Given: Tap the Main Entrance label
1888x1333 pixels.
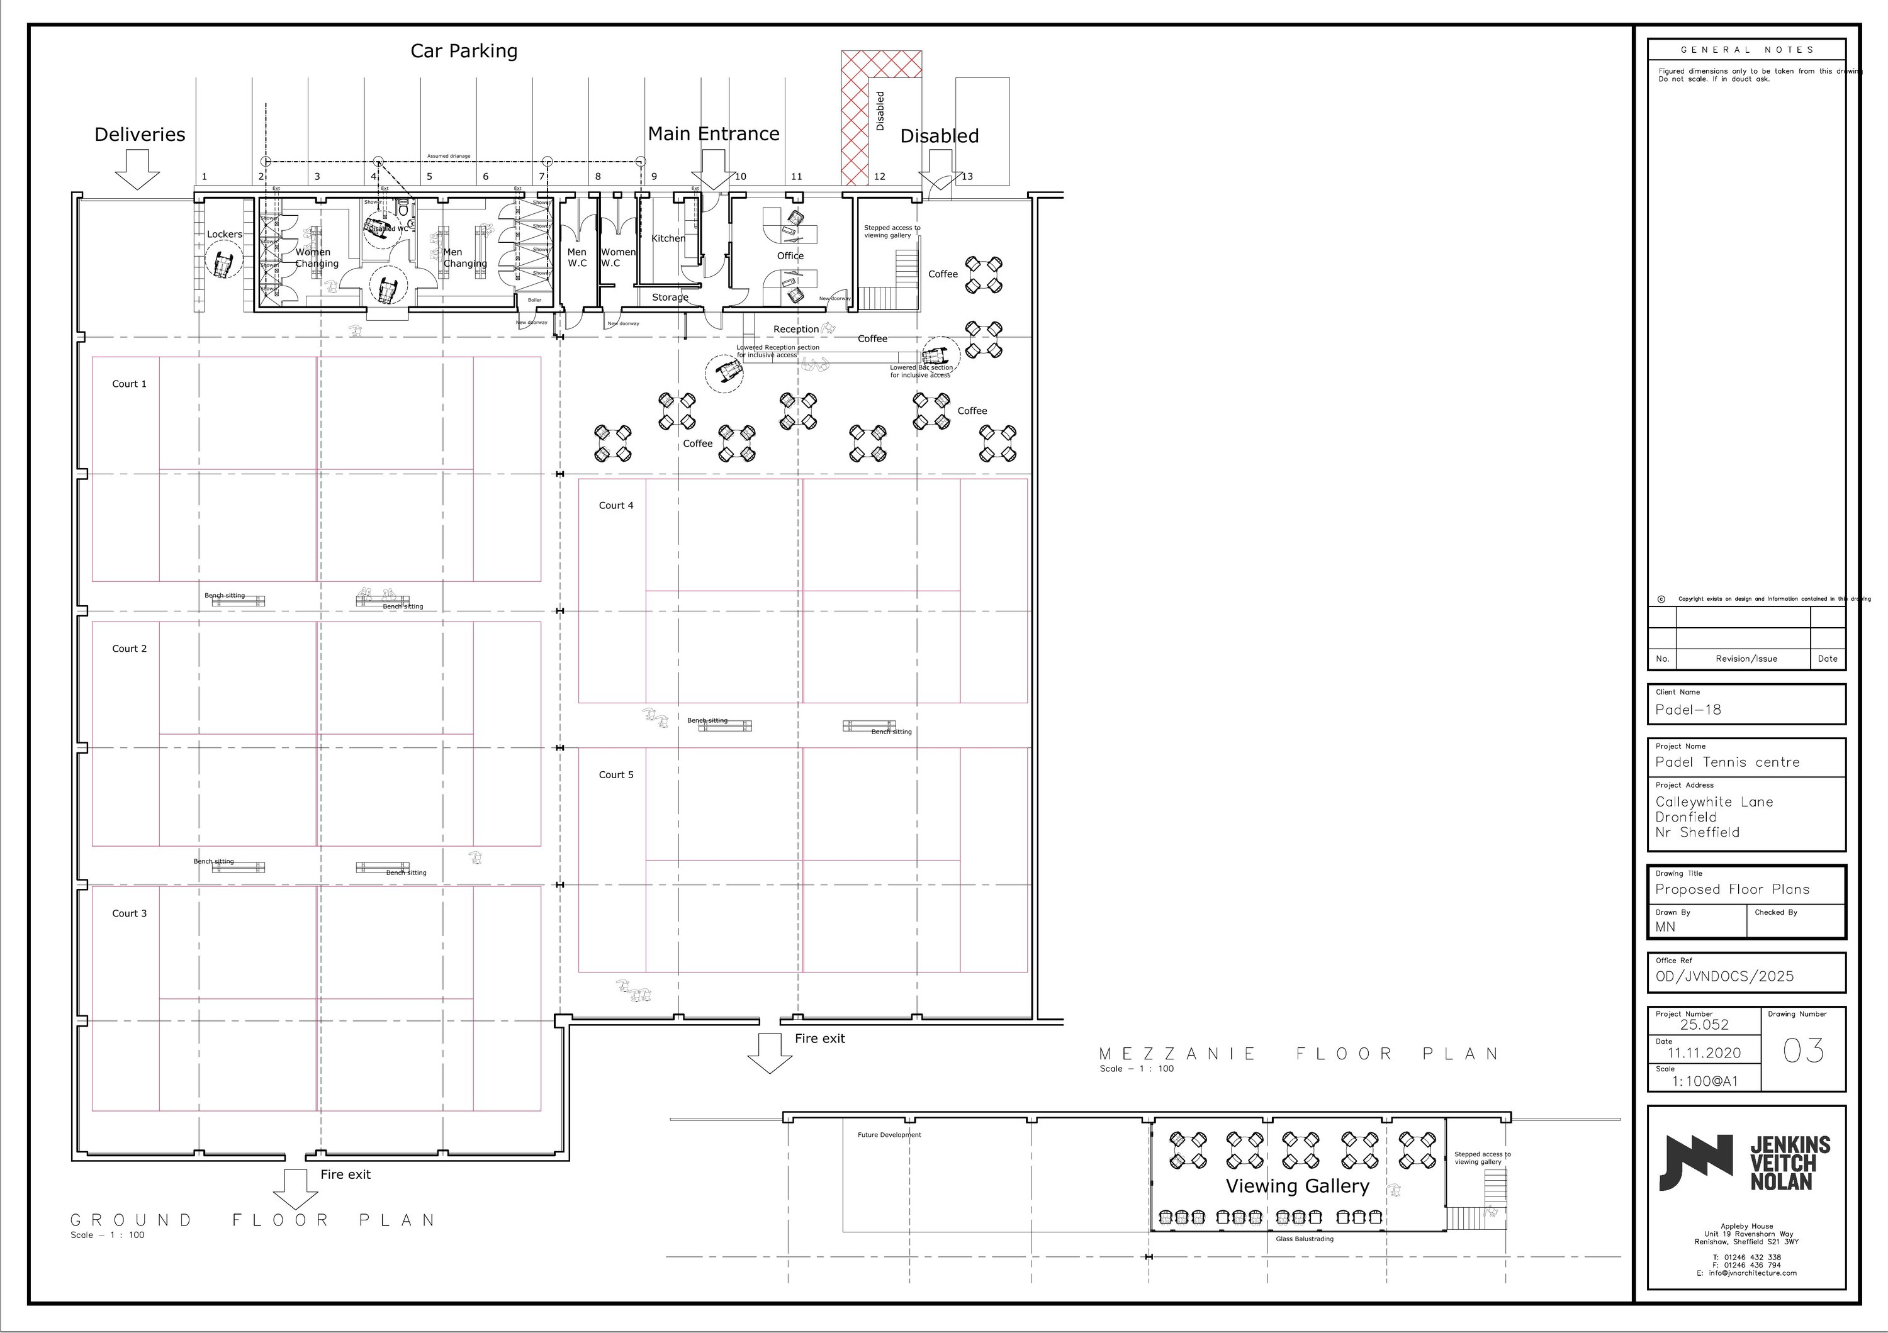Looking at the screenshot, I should point(713,134).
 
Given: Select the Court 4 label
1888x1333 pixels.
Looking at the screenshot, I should point(616,505).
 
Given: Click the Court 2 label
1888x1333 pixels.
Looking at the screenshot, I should point(129,649).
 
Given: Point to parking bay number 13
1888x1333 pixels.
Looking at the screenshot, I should point(967,176).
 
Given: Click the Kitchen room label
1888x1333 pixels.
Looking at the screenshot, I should point(668,238).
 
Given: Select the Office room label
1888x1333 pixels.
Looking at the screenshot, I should point(790,255).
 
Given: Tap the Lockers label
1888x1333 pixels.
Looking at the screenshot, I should point(225,234).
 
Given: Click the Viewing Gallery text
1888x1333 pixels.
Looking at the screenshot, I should point(1297,1186).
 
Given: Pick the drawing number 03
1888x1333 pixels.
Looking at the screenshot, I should point(1802,1051).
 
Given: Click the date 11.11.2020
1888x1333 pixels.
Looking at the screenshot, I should point(1703,1053).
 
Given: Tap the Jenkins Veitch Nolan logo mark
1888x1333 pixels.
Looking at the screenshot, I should point(1695,1162).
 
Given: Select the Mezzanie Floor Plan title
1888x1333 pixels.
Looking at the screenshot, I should point(1298,1054).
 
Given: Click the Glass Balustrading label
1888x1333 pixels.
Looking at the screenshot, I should point(1304,1239).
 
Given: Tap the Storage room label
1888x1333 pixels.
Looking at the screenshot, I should point(670,298).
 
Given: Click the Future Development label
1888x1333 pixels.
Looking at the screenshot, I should point(889,1135).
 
